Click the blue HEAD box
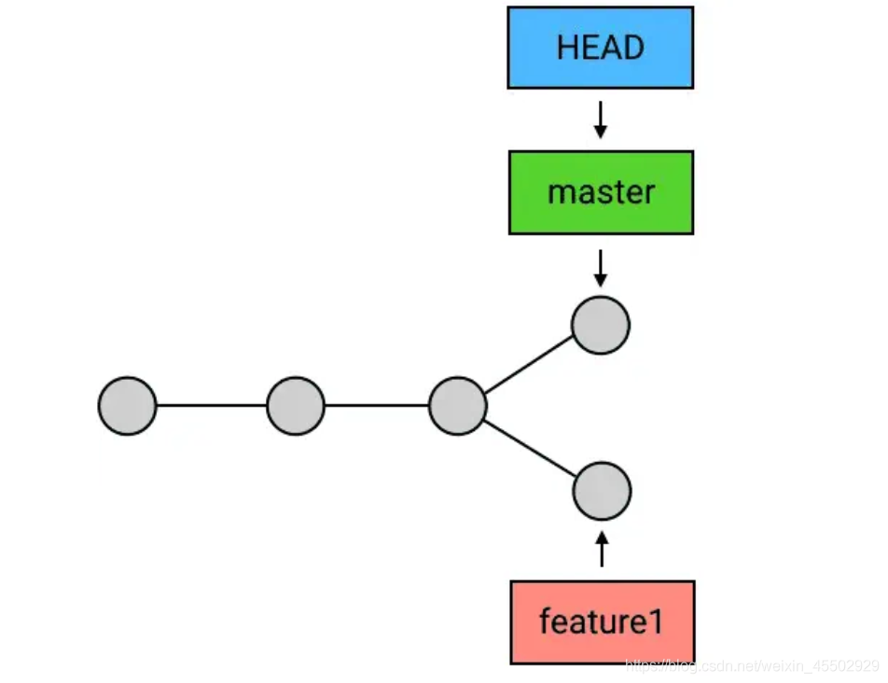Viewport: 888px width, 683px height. (x=601, y=48)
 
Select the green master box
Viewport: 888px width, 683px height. (x=601, y=192)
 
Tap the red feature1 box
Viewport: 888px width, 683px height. (x=603, y=621)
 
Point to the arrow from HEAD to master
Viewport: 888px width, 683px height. (x=601, y=119)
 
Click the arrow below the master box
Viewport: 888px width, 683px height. (x=601, y=269)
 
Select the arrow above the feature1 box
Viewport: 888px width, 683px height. (x=602, y=549)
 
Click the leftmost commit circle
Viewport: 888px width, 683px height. (x=128, y=406)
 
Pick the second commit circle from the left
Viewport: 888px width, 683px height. (x=296, y=406)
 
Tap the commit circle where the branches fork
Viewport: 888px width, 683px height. (x=458, y=406)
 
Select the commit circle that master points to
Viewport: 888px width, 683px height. (x=601, y=325)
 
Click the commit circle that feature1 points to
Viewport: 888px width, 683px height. (x=602, y=491)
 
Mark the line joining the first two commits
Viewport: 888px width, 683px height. (x=212, y=406)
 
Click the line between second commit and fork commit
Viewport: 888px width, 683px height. (x=377, y=406)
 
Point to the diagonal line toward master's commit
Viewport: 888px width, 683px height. (x=529, y=365)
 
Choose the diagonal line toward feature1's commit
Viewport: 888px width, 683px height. (x=530, y=448)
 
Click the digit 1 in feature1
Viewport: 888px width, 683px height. (x=655, y=621)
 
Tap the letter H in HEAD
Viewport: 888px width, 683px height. (x=567, y=48)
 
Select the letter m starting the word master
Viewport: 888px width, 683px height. (x=560, y=194)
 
